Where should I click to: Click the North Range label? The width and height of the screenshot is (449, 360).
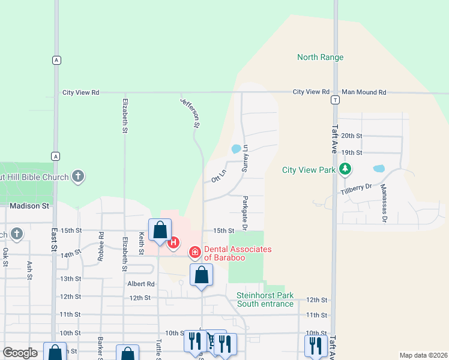click(x=321, y=58)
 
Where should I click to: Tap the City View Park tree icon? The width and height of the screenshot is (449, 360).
click(x=345, y=170)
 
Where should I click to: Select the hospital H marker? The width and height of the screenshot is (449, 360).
click(x=173, y=243)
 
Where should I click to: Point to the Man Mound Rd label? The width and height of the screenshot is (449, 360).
click(x=364, y=92)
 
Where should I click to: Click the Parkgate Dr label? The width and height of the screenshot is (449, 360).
click(x=245, y=213)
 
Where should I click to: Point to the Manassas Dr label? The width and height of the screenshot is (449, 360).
click(x=384, y=203)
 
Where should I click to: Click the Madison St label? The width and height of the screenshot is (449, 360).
click(x=29, y=206)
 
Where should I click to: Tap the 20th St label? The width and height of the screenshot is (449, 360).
click(x=352, y=136)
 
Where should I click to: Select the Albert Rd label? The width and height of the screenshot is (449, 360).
click(x=140, y=284)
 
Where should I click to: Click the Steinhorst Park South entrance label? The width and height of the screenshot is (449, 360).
click(x=265, y=299)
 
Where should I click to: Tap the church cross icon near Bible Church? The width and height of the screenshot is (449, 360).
click(x=77, y=176)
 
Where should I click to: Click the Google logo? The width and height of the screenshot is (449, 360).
click(x=20, y=353)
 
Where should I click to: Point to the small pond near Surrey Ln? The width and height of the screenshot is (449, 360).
click(x=236, y=148)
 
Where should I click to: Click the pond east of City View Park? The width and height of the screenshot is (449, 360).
click(x=379, y=169)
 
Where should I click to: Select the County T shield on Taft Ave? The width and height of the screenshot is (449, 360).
click(x=334, y=101)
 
